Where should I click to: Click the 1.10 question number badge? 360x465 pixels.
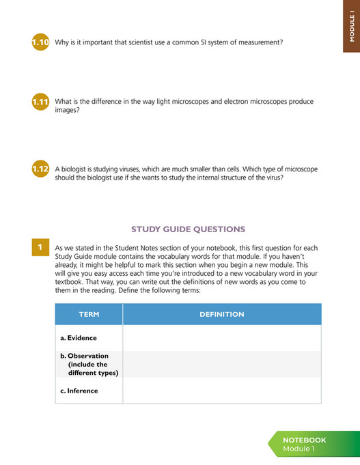[40, 43]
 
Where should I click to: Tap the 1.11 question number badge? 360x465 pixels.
[40, 102]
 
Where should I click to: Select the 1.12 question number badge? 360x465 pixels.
[40, 169]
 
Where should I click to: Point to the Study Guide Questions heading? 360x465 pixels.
[188, 229]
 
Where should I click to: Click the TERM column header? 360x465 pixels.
[89, 315]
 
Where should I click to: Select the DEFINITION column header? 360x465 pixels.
[221, 315]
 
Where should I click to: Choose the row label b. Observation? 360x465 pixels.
[85, 364]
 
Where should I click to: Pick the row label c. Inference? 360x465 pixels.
[79, 391]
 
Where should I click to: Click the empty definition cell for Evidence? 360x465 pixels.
[221, 338]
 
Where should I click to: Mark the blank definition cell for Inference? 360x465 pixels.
[221, 391]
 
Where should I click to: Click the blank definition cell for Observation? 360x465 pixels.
[221, 364]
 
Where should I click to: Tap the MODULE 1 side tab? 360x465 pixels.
[351, 27]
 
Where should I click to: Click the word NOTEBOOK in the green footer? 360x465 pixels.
[304, 440]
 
